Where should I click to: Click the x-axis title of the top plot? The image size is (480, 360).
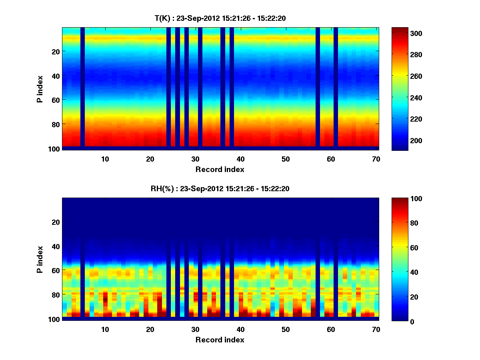click(x=220, y=169)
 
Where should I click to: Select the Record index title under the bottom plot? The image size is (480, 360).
click(x=220, y=340)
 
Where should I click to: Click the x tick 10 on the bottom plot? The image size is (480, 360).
click(x=105, y=329)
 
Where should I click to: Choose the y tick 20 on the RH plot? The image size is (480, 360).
click(x=56, y=222)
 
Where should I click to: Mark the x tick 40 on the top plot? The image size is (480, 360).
click(x=240, y=159)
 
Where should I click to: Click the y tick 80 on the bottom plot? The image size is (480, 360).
click(x=56, y=295)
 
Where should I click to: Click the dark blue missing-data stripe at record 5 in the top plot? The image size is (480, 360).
click(x=82, y=88)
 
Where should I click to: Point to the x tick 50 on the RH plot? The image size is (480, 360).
click(x=285, y=329)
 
